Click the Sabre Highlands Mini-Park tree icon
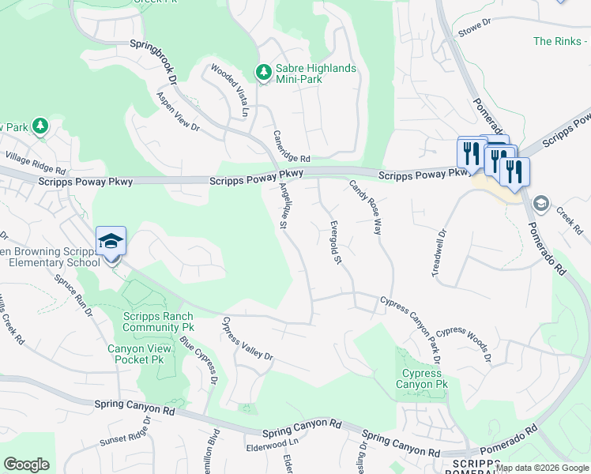click(x=263, y=73)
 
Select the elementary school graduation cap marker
click(x=111, y=241)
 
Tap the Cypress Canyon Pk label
click(x=422, y=378)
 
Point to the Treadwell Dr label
click(x=439, y=253)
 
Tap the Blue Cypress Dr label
click(x=198, y=360)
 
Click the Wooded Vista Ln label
click(x=229, y=91)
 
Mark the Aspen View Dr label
click(x=178, y=111)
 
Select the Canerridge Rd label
click(x=292, y=147)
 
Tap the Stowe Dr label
click(x=475, y=32)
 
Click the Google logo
click(x=26, y=465)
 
